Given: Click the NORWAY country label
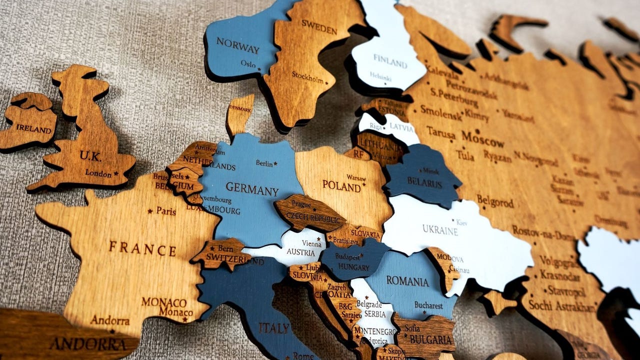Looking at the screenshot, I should [238, 45].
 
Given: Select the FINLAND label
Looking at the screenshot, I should [390, 63].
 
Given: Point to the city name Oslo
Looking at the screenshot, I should [248, 64].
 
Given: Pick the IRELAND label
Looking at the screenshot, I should [33, 128].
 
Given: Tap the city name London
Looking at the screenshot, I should [98, 173].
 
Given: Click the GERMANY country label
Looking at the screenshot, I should [252, 189].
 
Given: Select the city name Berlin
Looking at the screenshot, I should [264, 163].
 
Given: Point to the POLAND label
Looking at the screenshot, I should [341, 185].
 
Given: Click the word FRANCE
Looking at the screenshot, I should [142, 248].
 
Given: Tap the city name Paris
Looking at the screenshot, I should [166, 210].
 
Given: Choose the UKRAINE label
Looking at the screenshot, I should [440, 230].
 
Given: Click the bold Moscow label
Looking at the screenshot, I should [482, 136].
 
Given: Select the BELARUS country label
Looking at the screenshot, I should [424, 183].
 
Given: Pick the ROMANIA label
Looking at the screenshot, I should [407, 281].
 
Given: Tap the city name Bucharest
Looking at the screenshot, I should [428, 305].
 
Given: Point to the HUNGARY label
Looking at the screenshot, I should [353, 267].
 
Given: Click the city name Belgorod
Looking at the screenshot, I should [495, 201].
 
